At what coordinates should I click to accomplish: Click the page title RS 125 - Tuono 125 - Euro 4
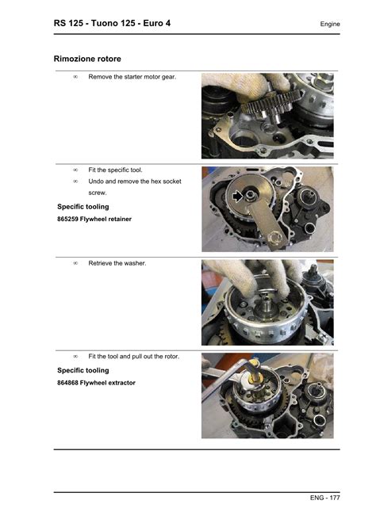112,23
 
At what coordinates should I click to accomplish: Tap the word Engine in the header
330,24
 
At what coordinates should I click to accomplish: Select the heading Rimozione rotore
87,59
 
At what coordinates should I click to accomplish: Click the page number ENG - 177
324,498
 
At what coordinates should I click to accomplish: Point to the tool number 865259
67,219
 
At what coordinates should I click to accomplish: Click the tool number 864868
67,383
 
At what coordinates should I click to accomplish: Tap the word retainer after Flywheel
119,219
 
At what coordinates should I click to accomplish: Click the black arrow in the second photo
238,196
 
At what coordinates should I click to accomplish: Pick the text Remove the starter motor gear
132,77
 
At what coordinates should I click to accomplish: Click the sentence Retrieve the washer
117,263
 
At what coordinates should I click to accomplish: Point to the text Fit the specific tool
115,170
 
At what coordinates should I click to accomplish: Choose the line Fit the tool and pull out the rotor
134,357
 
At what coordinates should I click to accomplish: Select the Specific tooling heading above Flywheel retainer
83,207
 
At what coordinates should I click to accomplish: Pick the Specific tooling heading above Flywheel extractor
83,370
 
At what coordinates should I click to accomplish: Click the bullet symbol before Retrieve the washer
75,263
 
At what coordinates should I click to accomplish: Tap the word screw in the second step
98,193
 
